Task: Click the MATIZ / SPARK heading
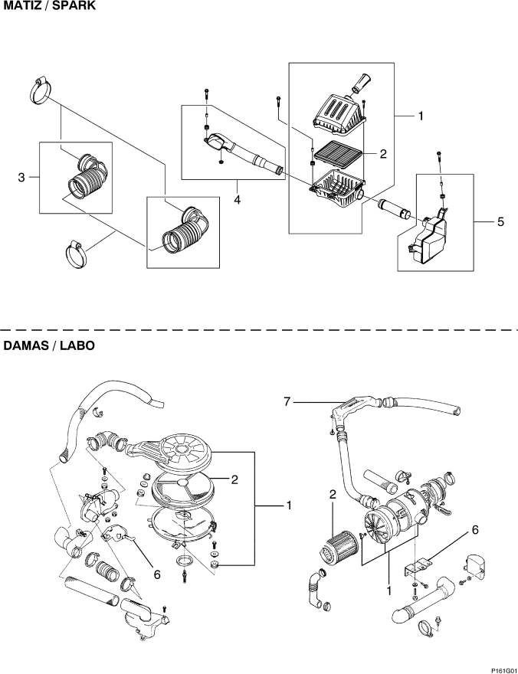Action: pyautogui.click(x=50, y=6)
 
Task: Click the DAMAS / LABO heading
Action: pyautogui.click(x=49, y=345)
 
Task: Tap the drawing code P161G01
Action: pyautogui.click(x=503, y=670)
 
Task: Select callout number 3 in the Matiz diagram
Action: pyautogui.click(x=21, y=177)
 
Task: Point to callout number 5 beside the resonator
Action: pyautogui.click(x=500, y=222)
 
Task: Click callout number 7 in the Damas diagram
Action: pyautogui.click(x=287, y=402)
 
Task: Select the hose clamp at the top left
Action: pyautogui.click(x=41, y=91)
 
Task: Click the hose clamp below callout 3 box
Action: pyautogui.click(x=76, y=254)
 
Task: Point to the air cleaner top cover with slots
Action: pyautogui.click(x=339, y=111)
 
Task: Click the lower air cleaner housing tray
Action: pyautogui.click(x=339, y=188)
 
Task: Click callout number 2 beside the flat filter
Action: pyautogui.click(x=383, y=153)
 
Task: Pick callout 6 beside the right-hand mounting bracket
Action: pyautogui.click(x=475, y=530)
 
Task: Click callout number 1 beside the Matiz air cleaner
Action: pyautogui.click(x=421, y=116)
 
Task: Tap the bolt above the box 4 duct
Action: pyautogui.click(x=206, y=94)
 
